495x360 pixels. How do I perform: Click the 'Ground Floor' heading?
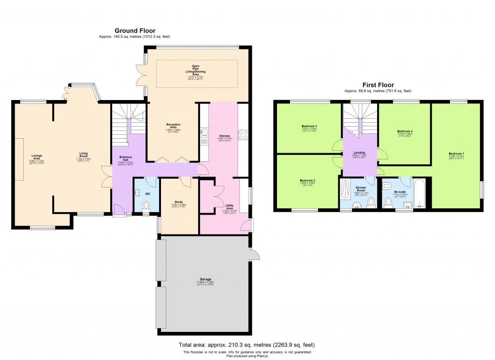[134, 30]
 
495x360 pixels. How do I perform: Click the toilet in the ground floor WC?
[147, 206]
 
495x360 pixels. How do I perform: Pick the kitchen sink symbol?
[204, 132]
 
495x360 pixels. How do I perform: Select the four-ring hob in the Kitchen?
[243, 134]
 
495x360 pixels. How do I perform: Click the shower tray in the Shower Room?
[345, 190]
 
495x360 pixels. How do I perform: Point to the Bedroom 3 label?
[309, 128]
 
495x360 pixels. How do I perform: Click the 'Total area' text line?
[247, 345]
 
